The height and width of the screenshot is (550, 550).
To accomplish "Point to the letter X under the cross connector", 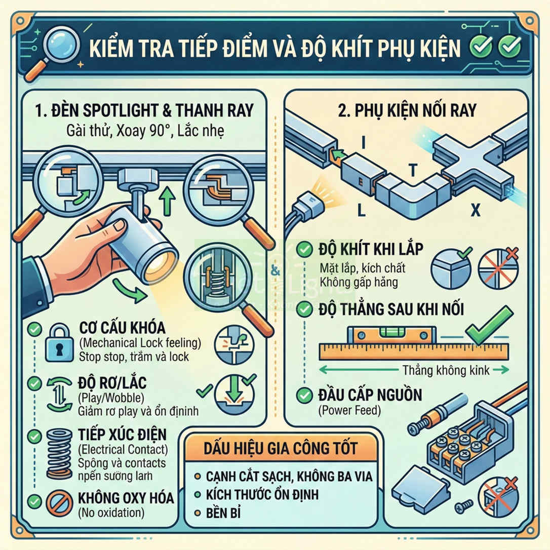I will coord(475,210).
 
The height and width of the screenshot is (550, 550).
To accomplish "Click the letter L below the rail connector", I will coord(361,210).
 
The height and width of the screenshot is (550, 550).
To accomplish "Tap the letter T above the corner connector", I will coord(413,172).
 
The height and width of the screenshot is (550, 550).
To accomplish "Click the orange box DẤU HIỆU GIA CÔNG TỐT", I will coord(281,448).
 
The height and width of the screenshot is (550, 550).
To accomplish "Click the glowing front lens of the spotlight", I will coord(159,266).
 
